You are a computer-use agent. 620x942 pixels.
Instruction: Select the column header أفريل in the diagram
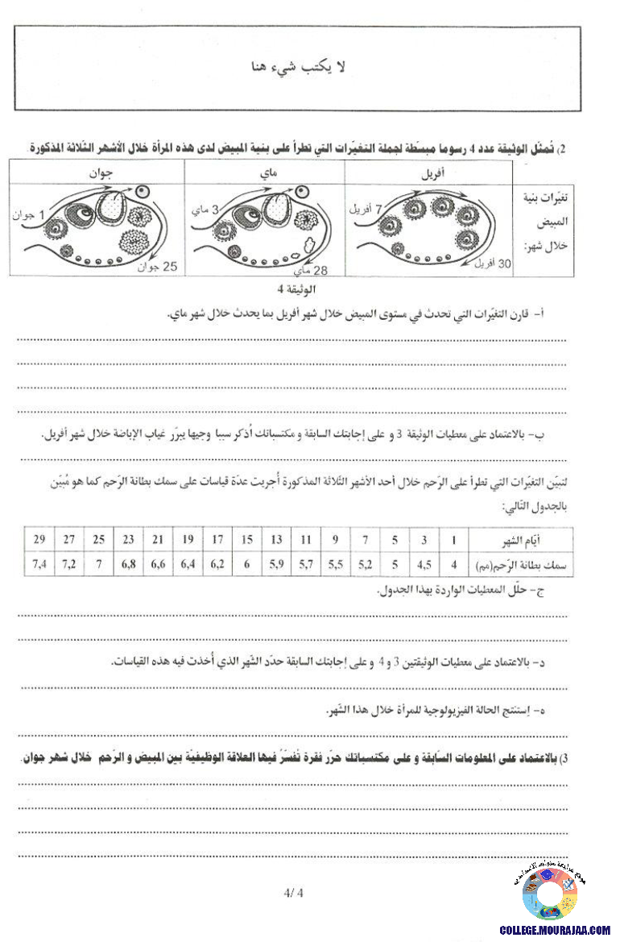428,172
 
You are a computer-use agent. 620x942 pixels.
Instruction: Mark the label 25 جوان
163,266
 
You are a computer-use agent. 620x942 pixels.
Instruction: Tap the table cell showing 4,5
425,564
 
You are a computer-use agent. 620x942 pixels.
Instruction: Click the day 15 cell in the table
248,539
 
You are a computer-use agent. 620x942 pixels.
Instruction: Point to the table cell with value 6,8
128,564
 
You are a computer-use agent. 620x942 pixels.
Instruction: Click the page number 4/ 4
293,892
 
